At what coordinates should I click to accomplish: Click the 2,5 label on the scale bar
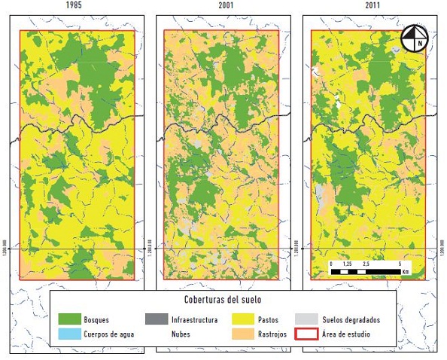click(x=365, y=265)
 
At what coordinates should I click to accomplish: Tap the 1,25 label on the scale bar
click(x=348, y=265)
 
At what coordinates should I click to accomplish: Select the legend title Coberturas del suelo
click(x=222, y=300)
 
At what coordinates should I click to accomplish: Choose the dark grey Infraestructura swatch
click(x=157, y=319)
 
